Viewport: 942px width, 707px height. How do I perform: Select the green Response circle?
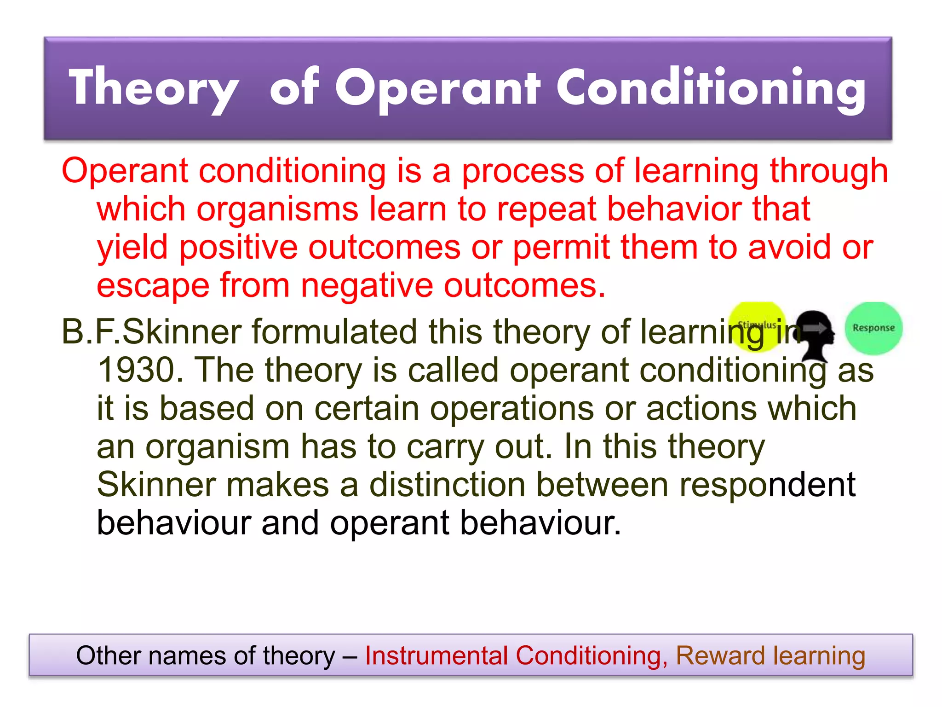873,328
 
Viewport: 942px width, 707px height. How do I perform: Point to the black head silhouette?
815,334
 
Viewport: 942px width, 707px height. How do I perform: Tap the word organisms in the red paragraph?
277,209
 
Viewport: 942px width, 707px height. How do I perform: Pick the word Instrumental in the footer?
436,655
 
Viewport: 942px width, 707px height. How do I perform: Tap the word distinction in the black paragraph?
447,485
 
